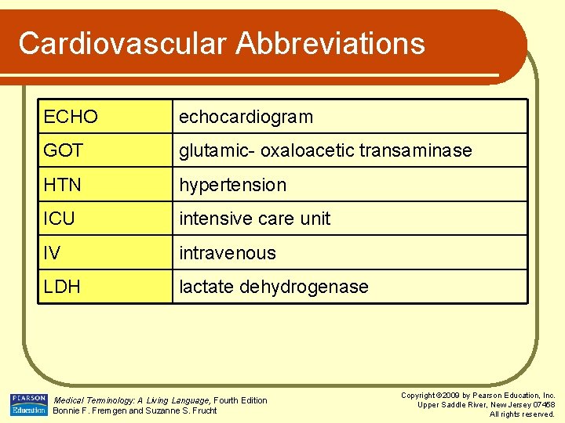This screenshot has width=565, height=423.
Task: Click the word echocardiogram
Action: pyautogui.click(x=246, y=117)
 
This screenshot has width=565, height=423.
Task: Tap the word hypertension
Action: pyautogui.click(x=232, y=185)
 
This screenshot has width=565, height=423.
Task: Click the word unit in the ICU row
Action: pyautogui.click(x=315, y=219)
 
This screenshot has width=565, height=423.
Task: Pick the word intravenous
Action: pyautogui.click(x=228, y=253)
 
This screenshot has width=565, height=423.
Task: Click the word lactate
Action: pyautogui.click(x=206, y=287)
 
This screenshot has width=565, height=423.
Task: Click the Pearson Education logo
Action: pyautogui.click(x=29, y=404)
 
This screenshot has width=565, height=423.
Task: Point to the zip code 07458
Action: pyautogui.click(x=541, y=405)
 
